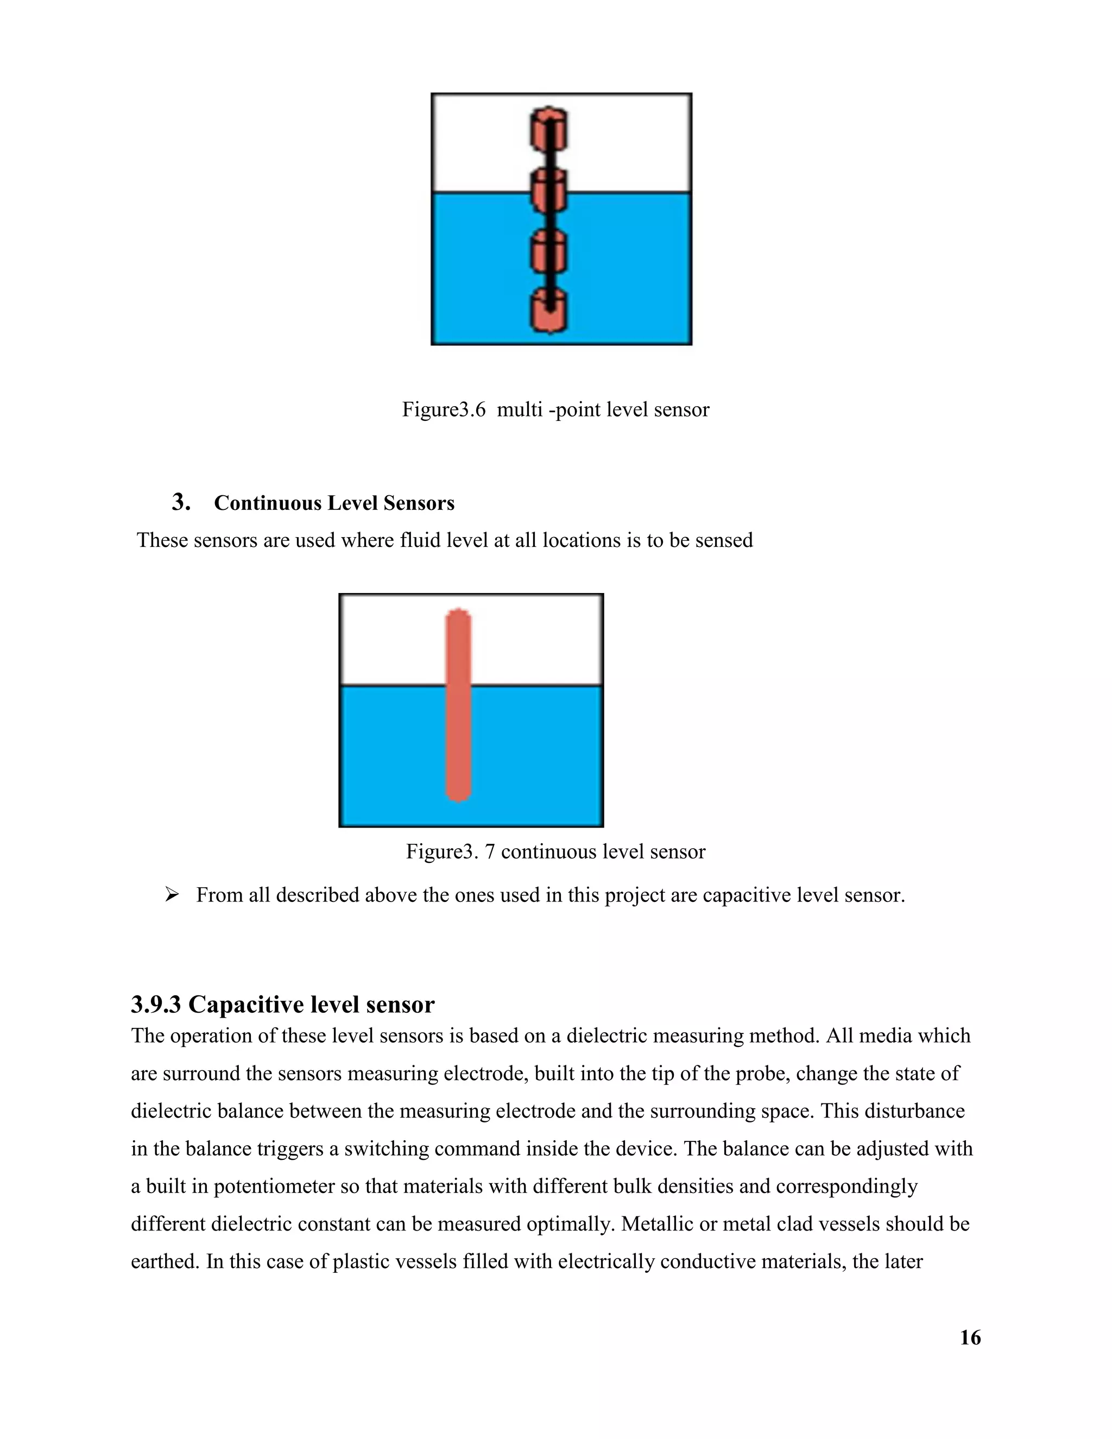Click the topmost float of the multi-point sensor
click(549, 129)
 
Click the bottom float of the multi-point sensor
click(549, 311)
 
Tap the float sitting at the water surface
click(549, 191)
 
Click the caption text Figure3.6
click(444, 410)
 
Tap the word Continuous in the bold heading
click(268, 503)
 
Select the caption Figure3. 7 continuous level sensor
click(555, 852)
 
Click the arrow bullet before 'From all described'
click(172, 895)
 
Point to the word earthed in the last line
click(164, 1262)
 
